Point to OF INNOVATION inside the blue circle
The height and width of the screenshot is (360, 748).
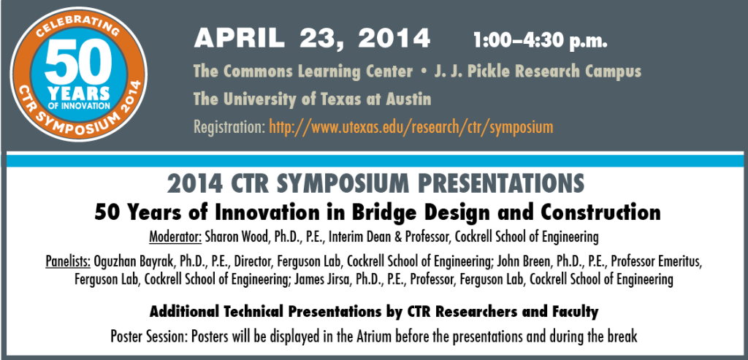click(79, 104)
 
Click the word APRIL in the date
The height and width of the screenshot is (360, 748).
click(239, 38)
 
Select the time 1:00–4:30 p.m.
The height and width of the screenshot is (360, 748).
click(540, 41)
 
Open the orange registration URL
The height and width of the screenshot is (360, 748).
click(411, 127)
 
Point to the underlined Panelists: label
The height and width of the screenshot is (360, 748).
click(68, 261)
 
